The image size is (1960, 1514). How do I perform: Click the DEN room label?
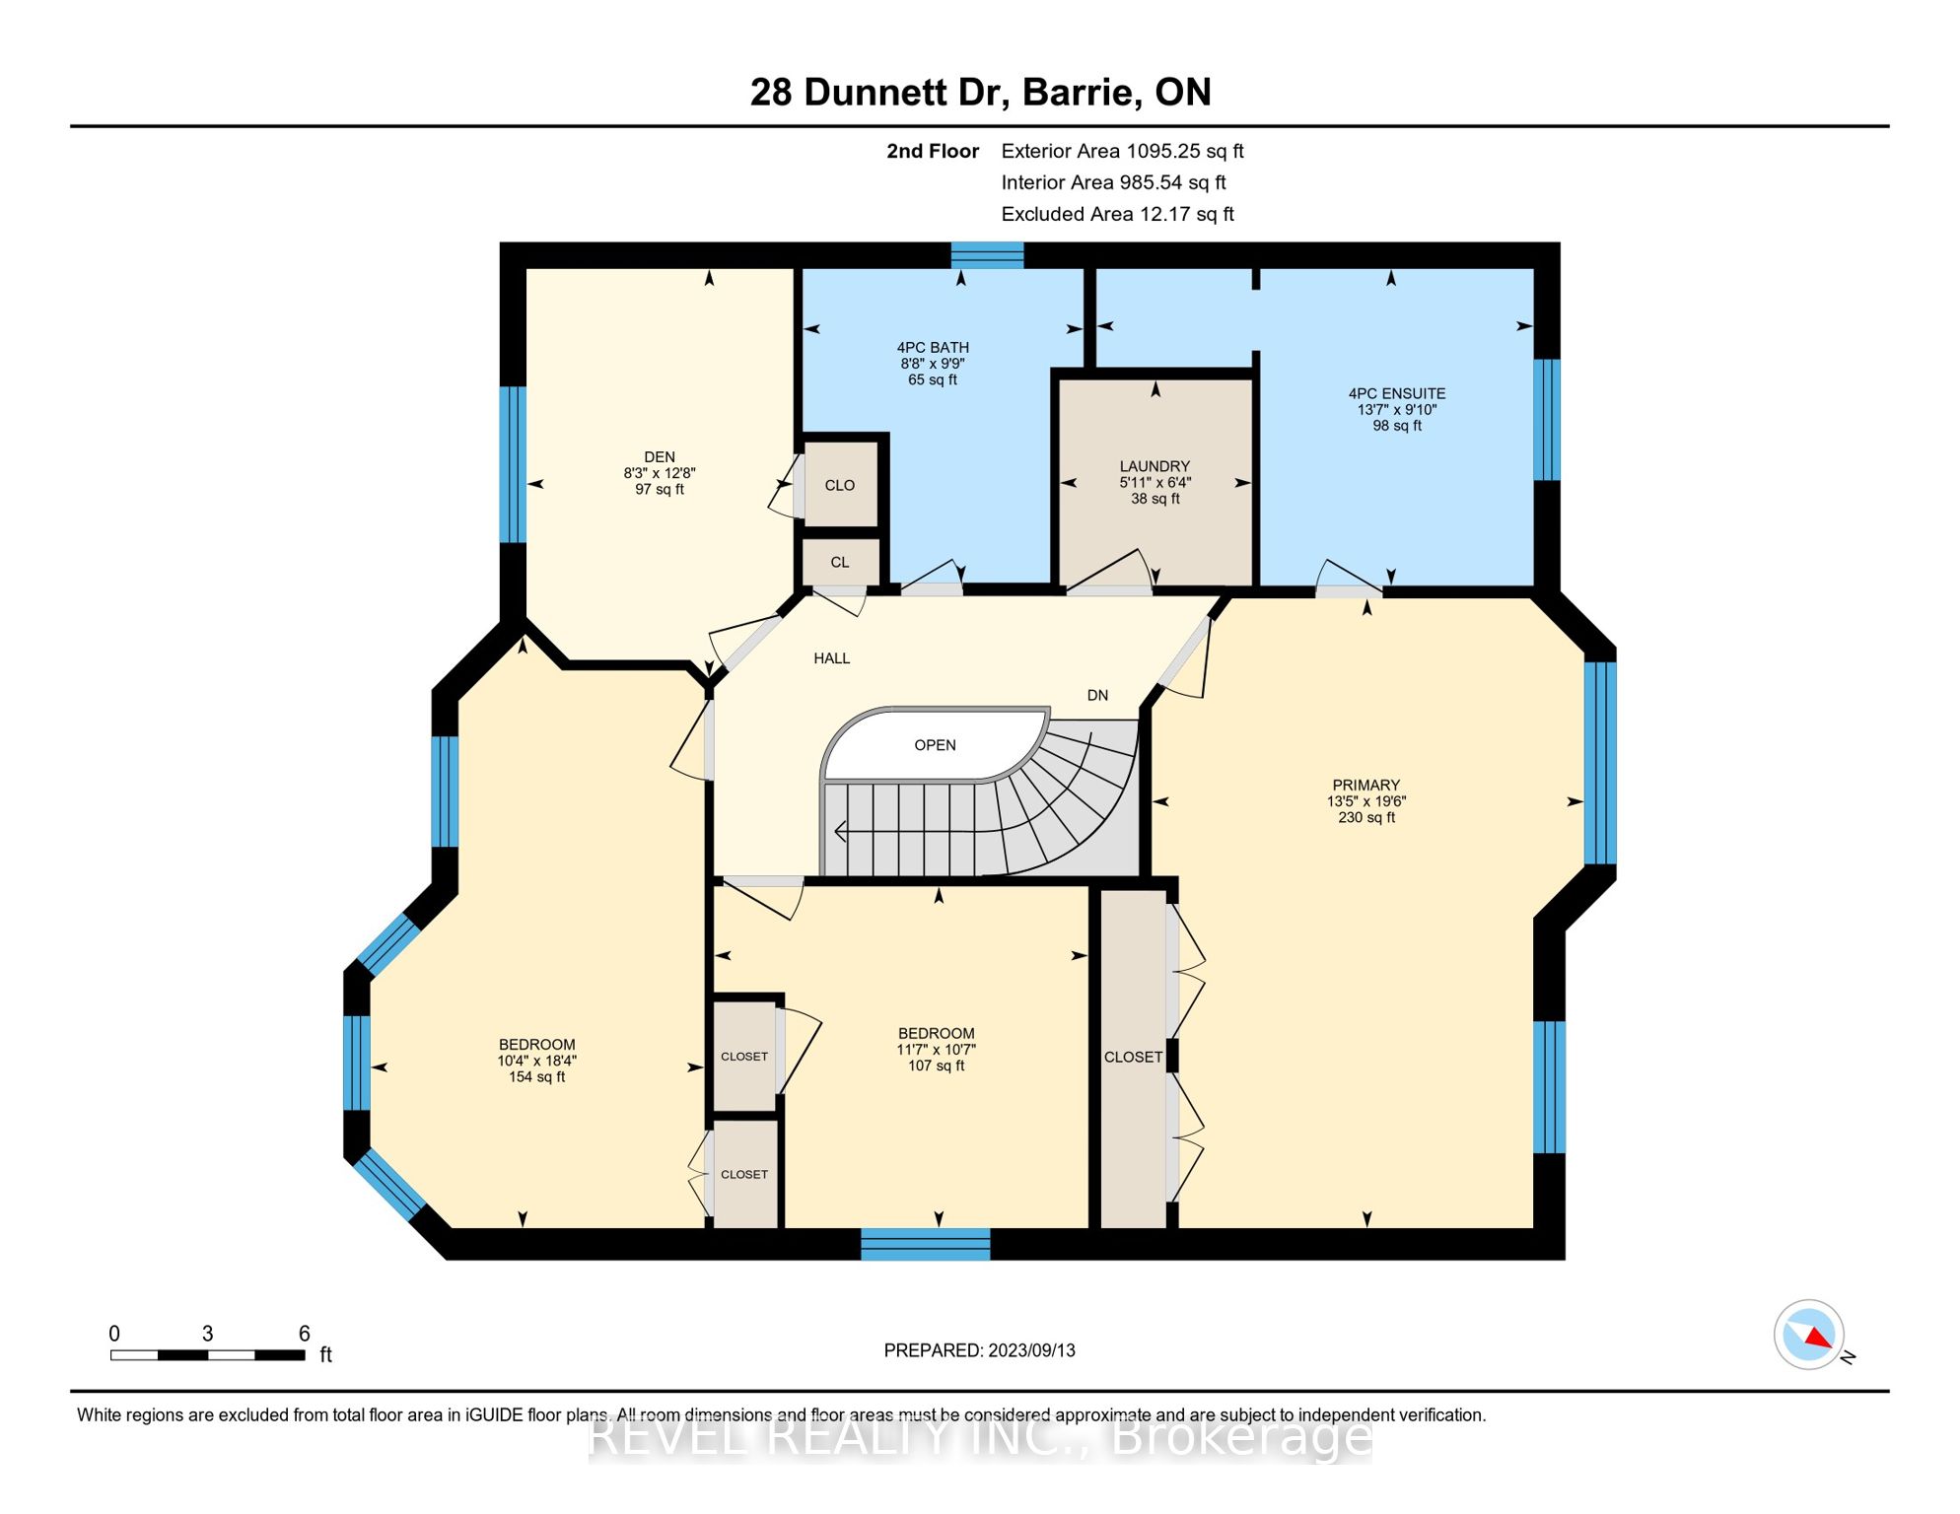(x=660, y=457)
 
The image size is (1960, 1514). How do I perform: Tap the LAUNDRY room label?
(x=1155, y=466)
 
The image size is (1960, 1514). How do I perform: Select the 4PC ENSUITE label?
(x=1397, y=393)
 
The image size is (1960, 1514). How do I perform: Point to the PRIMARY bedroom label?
(x=1365, y=786)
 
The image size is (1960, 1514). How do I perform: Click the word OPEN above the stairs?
(x=935, y=745)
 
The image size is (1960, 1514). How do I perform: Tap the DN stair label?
(x=1097, y=696)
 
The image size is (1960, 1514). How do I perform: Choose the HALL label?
(x=831, y=658)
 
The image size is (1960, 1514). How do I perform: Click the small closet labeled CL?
(x=840, y=562)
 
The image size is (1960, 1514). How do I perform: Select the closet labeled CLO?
(x=840, y=484)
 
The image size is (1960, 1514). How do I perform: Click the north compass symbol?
(x=1809, y=1335)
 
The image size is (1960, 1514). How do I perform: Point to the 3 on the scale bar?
(x=207, y=1334)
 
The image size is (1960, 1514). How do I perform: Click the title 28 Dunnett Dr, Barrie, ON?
(x=980, y=92)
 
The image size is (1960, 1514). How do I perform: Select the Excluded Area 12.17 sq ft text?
(x=1117, y=214)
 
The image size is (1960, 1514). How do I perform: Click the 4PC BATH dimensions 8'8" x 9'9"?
(x=933, y=364)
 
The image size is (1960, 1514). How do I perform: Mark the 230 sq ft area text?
(x=1366, y=817)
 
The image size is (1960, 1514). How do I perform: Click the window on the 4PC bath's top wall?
(x=987, y=254)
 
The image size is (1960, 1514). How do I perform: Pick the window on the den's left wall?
(x=513, y=464)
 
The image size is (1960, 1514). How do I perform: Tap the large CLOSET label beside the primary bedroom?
(x=1133, y=1057)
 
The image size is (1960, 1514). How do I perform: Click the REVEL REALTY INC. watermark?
(x=980, y=1437)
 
